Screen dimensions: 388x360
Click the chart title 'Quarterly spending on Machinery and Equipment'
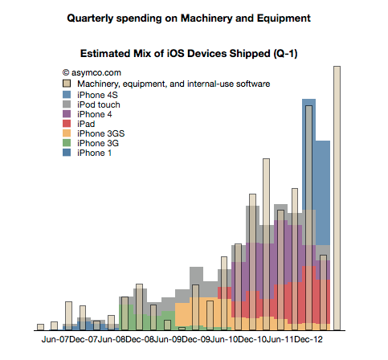tap(189, 18)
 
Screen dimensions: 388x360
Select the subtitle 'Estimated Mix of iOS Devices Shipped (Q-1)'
tap(189, 54)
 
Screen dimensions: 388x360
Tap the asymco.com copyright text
tap(92, 72)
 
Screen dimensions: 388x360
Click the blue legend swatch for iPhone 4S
tap(67, 95)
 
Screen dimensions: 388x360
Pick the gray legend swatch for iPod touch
tap(67, 104)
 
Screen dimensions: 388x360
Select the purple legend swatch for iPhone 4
tap(67, 114)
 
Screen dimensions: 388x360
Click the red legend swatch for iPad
tap(67, 124)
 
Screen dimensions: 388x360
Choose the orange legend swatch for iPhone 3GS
tap(67, 133)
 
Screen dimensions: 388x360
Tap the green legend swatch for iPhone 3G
tap(67, 143)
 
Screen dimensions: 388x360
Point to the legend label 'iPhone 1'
tap(94, 153)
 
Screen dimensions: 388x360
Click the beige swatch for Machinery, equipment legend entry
tap(67, 84)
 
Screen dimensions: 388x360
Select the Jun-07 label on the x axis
tap(55, 339)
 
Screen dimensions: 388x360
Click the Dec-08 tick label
tap(140, 339)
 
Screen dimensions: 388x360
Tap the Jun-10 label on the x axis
tap(224, 339)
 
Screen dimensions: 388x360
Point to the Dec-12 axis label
tap(308, 339)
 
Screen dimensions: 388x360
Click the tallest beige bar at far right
tap(337, 198)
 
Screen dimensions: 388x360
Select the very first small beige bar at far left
tap(40, 327)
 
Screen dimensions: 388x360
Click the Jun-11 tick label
tap(280, 339)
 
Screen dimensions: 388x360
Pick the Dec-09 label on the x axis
tap(196, 339)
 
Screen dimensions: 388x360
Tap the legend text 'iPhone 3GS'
tap(101, 133)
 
